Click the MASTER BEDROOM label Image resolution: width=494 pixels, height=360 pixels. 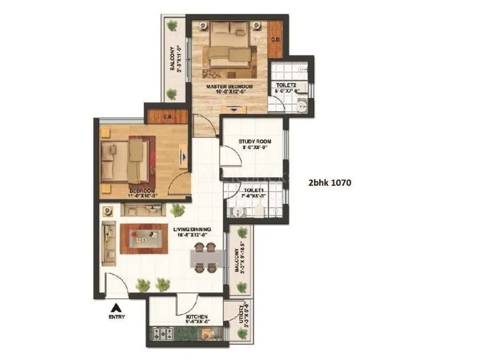(230, 87)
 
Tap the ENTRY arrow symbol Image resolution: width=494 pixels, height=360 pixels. (117, 307)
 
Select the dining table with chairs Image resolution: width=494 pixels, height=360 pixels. (205, 257)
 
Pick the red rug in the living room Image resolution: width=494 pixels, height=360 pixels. (144, 238)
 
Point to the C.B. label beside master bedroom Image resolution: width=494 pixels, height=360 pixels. (276, 39)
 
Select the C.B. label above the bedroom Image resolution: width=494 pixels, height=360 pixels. (168, 116)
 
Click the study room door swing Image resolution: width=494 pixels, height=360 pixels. (230, 157)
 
